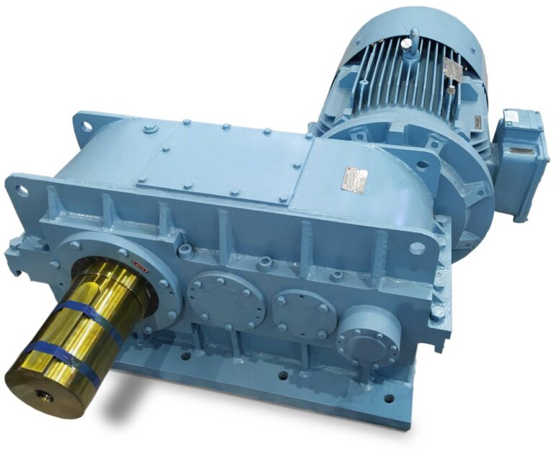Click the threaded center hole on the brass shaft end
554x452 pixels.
(38, 396)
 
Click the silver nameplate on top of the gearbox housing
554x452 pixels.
(355, 177)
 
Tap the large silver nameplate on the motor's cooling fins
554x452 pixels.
(452, 69)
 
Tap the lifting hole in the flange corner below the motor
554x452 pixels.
(417, 247)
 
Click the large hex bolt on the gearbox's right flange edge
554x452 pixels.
(438, 314)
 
